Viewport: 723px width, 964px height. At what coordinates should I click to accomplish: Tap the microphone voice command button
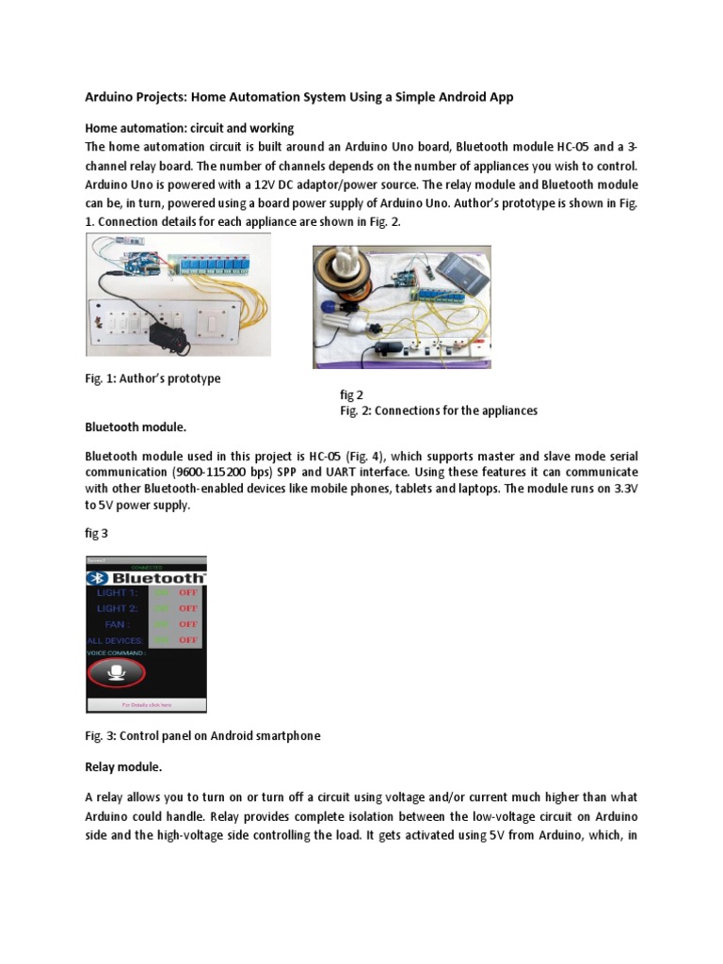[x=116, y=672]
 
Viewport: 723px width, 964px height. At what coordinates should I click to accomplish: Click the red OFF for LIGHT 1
[x=188, y=592]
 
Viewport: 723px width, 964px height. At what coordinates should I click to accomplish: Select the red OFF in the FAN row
[x=188, y=623]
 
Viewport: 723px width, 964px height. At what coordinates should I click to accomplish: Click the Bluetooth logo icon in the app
[x=95, y=576]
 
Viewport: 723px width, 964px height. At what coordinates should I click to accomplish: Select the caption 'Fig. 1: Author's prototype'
[x=153, y=378]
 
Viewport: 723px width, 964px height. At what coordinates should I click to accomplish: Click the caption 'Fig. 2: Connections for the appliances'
[x=439, y=410]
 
